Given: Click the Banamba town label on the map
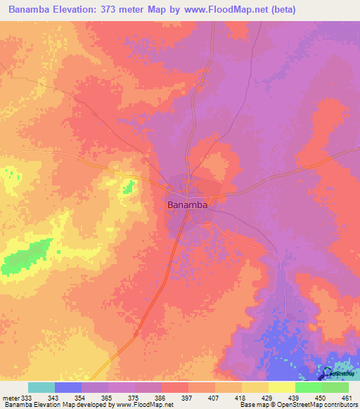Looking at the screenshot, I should coord(188,205).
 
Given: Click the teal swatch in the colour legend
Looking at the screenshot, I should coord(41,387).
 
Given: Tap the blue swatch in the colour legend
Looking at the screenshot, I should coord(68,387).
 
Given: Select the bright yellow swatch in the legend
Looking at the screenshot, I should coord(281,387).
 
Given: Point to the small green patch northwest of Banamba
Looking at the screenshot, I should coord(129,186).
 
